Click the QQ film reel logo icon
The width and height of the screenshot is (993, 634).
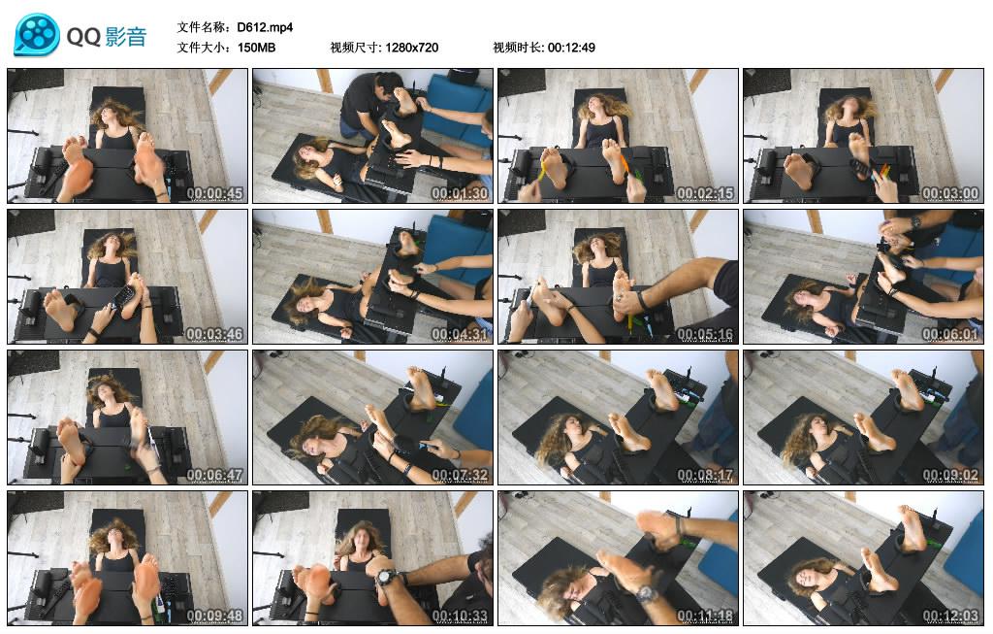[x=37, y=36]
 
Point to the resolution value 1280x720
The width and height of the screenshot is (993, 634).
[x=411, y=47]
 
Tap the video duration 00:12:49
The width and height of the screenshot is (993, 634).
[x=571, y=47]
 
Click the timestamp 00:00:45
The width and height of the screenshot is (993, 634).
[x=214, y=193]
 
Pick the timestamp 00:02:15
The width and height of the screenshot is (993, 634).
[x=705, y=193]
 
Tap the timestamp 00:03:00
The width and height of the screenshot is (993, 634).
[x=950, y=193]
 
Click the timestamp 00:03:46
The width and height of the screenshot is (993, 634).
[x=214, y=334]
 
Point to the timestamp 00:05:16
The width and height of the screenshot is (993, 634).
[x=705, y=334]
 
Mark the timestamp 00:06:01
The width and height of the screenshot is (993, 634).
[x=950, y=334]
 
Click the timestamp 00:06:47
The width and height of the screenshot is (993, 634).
[x=214, y=475]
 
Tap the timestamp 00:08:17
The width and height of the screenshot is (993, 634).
[x=705, y=475]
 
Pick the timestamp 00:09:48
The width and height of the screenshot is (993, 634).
[x=214, y=616]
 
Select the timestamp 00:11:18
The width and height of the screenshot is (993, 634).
[x=705, y=616]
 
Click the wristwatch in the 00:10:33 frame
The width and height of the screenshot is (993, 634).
[x=385, y=577]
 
